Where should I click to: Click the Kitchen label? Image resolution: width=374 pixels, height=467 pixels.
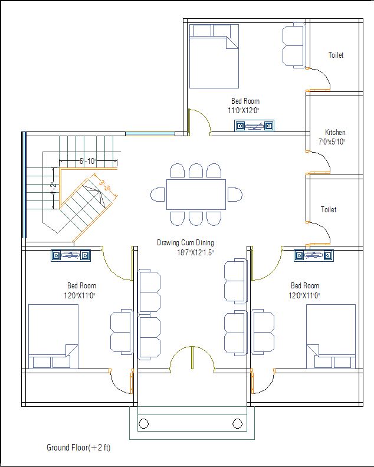pos(335,133)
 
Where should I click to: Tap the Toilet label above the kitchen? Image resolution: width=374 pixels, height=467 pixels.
pos(336,55)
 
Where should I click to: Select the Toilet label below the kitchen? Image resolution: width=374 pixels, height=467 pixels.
pos(329,210)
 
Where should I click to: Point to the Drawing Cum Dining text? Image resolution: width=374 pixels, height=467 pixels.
pos(185,243)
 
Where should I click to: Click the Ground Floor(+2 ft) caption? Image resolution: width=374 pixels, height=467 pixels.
pos(78,448)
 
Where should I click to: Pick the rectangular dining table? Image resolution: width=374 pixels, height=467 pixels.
pos(196,194)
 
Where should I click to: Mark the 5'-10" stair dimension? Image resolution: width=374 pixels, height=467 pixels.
pos(87,161)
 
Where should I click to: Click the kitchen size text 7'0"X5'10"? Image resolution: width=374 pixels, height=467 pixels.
pos(332,142)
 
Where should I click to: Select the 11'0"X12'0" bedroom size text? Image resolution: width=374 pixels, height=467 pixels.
pos(244,110)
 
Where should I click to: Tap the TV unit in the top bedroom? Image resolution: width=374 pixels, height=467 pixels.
pos(254,125)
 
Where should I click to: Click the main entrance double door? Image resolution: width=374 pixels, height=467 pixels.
pos(192,359)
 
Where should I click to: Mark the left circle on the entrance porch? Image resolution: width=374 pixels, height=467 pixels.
pos(143,423)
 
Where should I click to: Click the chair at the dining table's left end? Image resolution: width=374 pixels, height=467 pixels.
pos(158,195)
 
